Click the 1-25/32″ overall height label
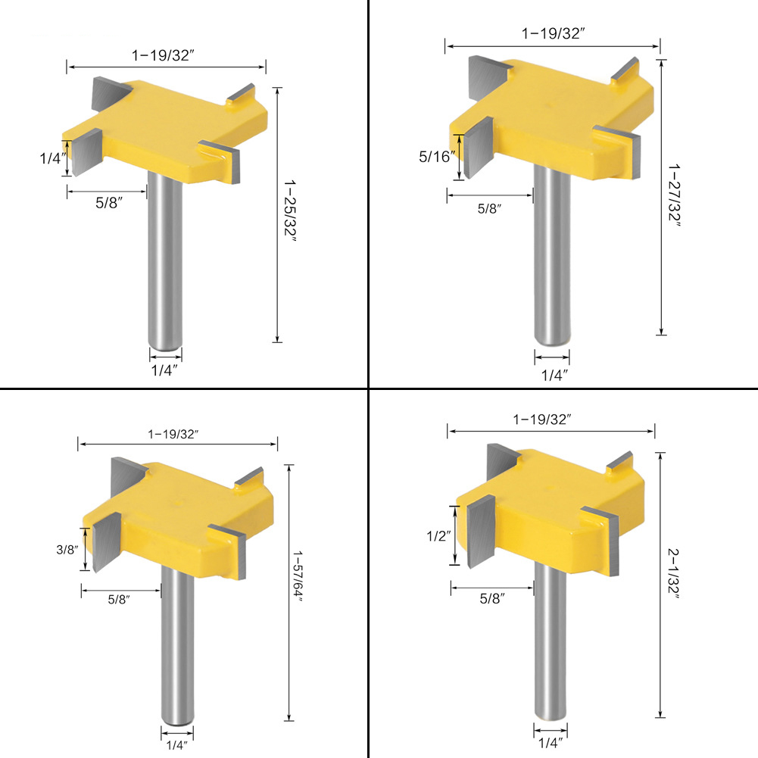(289, 211)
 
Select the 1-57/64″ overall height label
(298, 576)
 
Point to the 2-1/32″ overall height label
(673, 573)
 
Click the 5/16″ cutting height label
(437, 156)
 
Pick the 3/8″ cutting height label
(67, 549)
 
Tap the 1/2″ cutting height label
(438, 535)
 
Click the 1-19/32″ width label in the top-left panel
(163, 55)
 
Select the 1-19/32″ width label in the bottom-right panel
(542, 419)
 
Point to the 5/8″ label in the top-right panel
(489, 208)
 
